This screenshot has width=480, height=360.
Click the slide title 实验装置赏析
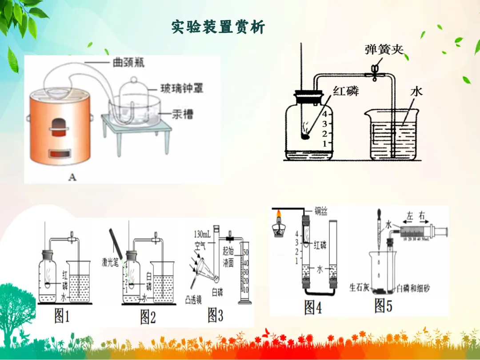coord(218,27)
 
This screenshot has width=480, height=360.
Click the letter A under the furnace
coord(72,177)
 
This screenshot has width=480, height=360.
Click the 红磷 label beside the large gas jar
coord(346,92)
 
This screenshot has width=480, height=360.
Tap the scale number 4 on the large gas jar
coord(324,114)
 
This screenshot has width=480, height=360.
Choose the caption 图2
coord(148,316)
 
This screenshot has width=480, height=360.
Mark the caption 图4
coord(313,307)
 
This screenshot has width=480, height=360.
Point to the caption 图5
coord(385,305)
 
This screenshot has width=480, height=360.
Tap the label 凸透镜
coord(193,300)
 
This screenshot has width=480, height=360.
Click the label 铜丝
coord(321,212)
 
